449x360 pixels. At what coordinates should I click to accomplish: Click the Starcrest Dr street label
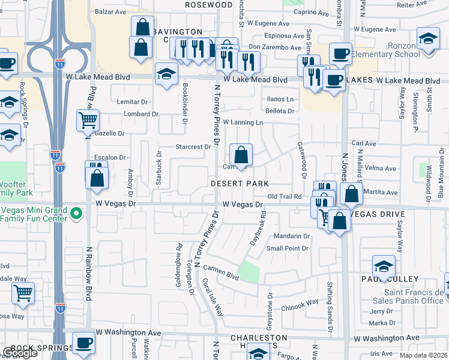point(193,146)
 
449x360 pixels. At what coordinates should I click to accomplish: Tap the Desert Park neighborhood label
point(238,183)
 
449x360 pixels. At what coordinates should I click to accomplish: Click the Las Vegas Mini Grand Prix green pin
point(76,213)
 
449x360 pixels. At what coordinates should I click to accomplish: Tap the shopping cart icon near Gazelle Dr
point(88,120)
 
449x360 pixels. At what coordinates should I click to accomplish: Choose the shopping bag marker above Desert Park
point(241,155)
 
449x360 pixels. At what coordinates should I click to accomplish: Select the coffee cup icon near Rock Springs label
point(83,343)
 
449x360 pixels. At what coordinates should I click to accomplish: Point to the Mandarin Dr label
point(291,236)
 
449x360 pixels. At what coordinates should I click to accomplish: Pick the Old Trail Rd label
point(284,196)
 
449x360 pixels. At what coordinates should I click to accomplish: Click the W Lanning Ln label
point(243,122)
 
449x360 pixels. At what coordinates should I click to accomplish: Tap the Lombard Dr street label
point(141,114)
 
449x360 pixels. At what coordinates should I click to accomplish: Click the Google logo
point(20,353)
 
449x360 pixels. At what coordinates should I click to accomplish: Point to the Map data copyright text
point(423,355)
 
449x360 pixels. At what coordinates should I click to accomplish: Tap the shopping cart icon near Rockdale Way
point(23,293)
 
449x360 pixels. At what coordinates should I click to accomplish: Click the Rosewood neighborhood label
point(193,4)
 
